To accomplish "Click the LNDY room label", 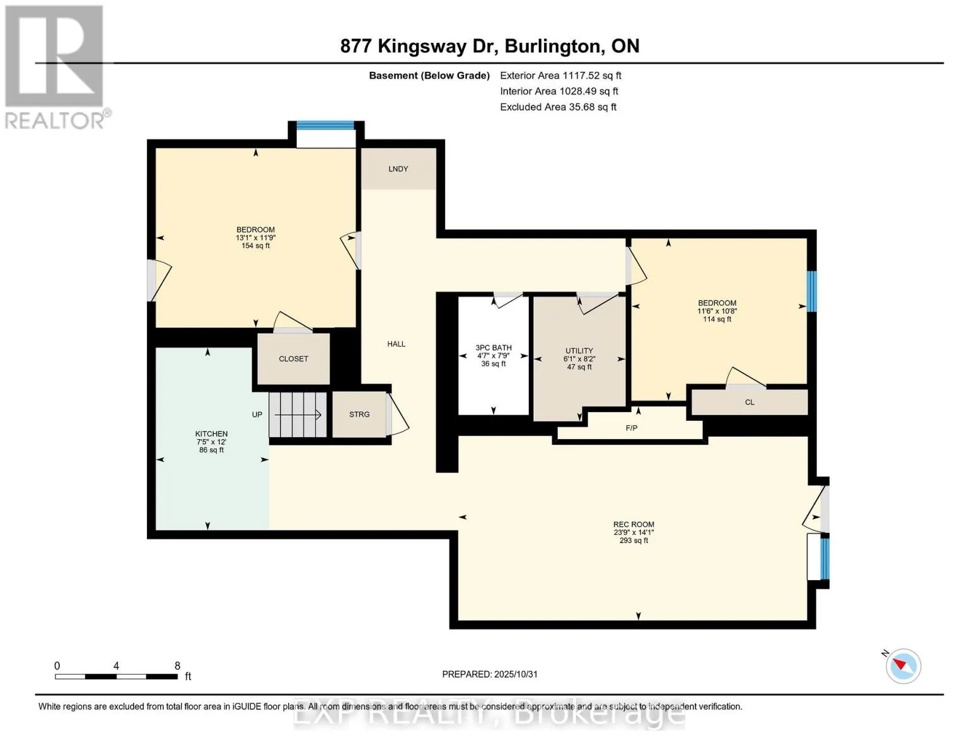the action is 398,169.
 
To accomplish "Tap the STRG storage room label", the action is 359,415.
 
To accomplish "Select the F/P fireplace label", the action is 631,428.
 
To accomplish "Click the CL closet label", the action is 750,402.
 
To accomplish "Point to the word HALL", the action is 396,344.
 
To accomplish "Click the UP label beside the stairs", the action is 257,415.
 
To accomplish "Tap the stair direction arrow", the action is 298,415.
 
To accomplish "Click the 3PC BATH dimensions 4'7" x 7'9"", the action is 494,356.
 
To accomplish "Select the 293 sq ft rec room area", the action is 634,541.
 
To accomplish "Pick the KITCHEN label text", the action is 211,433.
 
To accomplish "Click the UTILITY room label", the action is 579,351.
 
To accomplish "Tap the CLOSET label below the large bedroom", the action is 293,359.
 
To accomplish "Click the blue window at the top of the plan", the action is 325,125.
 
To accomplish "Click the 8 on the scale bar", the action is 178,666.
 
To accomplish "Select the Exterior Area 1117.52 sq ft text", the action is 560,76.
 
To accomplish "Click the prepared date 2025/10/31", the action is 516,674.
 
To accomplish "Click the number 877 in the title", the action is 356,47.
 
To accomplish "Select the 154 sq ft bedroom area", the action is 255,246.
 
